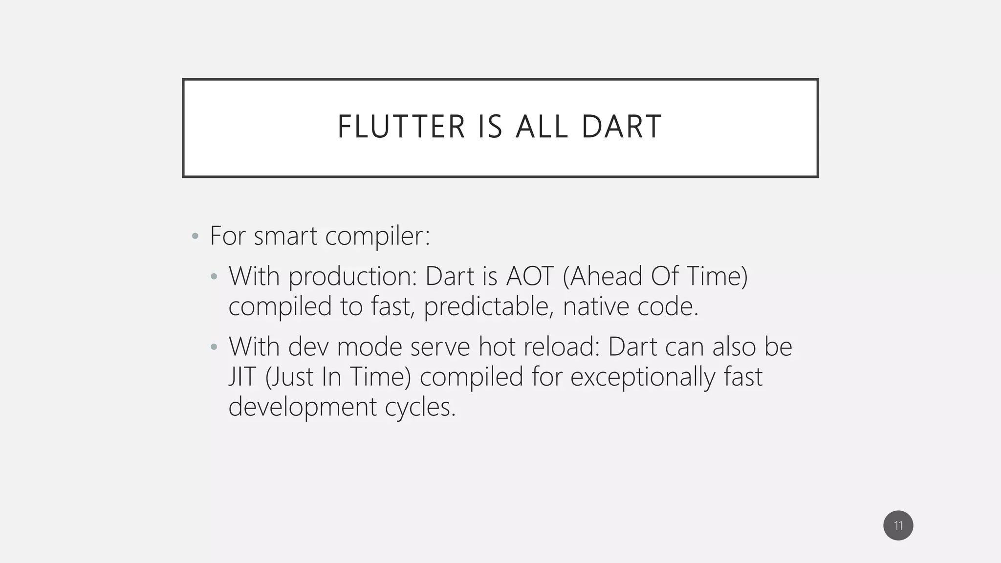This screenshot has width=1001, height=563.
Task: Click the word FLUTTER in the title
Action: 401,127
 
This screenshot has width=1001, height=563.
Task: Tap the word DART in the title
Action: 621,127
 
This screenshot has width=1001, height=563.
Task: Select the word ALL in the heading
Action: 542,127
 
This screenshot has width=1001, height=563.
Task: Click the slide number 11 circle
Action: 898,525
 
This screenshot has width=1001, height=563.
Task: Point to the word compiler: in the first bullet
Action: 377,236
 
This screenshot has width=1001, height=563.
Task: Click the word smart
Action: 285,236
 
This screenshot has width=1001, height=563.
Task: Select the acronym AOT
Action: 530,277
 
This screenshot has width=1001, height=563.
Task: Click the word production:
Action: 352,277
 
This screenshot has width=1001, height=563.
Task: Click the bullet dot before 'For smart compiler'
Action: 195,237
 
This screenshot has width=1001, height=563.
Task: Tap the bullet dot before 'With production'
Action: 214,277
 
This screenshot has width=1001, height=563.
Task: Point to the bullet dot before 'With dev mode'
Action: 214,347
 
